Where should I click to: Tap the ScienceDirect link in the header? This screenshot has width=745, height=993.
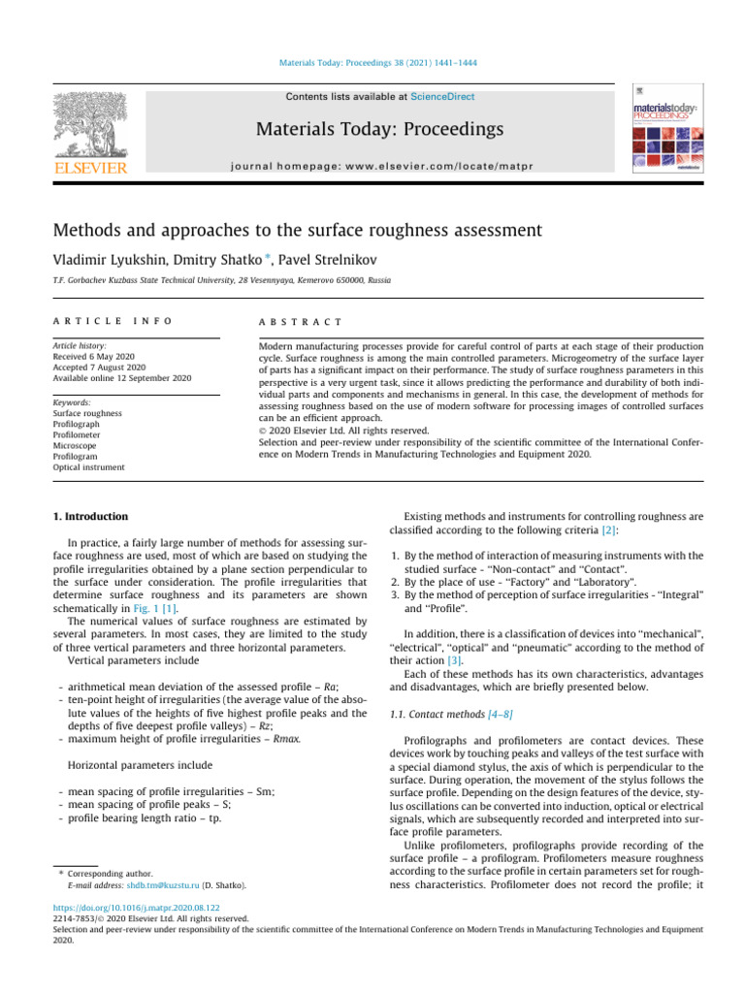[x=442, y=97]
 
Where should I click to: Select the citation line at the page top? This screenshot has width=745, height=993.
[x=372, y=63]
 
